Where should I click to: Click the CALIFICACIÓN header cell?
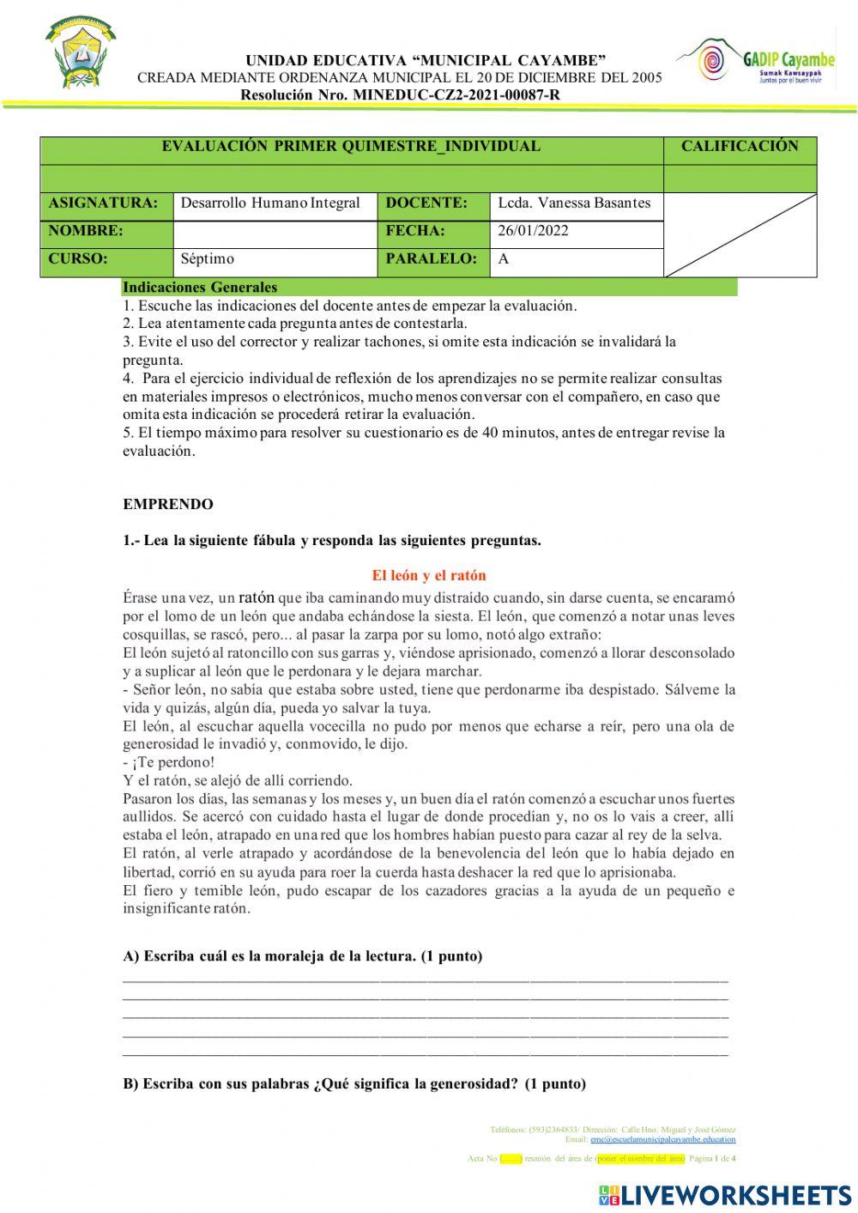point(740,147)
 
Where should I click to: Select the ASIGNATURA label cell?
point(105,204)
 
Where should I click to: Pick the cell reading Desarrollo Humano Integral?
point(271,204)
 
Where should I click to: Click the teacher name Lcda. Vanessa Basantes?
point(574,204)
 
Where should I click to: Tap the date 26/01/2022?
point(533,232)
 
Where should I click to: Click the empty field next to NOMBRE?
point(275,232)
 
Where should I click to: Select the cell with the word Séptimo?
point(208,259)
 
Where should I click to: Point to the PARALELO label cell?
point(432,259)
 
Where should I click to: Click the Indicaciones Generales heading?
point(200,288)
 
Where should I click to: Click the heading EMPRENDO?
point(168,505)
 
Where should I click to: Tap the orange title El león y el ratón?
point(429,576)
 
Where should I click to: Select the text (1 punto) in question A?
point(451,956)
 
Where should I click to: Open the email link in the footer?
point(662,1139)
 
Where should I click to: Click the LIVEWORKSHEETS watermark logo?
point(725,1194)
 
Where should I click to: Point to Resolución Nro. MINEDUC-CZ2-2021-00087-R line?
point(401,94)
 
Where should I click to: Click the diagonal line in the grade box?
point(740,234)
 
